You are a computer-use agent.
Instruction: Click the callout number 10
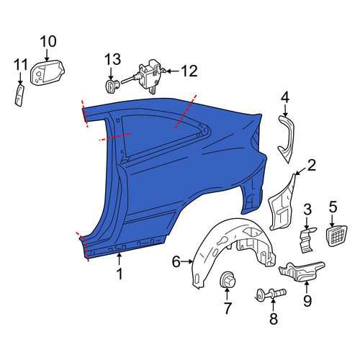pyautogui.click(x=48, y=42)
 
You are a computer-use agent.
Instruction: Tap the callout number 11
pyautogui.click(x=20, y=65)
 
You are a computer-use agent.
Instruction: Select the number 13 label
pyautogui.click(x=112, y=60)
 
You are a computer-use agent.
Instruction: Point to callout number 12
pyautogui.click(x=189, y=71)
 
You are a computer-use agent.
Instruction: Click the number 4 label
pyautogui.click(x=285, y=99)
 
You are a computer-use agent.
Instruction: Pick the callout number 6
pyautogui.click(x=176, y=261)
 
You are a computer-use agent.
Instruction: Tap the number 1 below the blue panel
pyautogui.click(x=120, y=274)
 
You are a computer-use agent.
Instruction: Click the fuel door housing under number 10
pyautogui.click(x=48, y=72)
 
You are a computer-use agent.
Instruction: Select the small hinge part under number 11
pyautogui.click(x=19, y=95)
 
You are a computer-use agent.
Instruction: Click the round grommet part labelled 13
pyautogui.click(x=111, y=86)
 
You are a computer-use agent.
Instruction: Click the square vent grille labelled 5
pyautogui.click(x=336, y=235)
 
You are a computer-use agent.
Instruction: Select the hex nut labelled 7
pyautogui.click(x=228, y=279)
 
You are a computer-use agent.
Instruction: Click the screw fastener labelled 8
pyautogui.click(x=271, y=294)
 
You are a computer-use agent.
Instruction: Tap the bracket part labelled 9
pyautogui.click(x=302, y=271)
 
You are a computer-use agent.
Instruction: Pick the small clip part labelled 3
pyautogui.click(x=307, y=240)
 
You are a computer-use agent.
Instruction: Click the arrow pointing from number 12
pyautogui.click(x=173, y=71)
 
